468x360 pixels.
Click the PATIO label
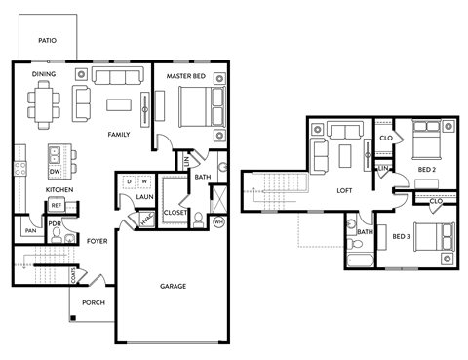46,41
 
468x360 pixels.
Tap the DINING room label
43,74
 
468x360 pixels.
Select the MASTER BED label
185,76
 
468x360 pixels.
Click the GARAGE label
174,286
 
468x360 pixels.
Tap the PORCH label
94,302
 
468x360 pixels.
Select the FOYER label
97,240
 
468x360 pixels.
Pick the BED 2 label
427,170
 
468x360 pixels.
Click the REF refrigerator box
56,206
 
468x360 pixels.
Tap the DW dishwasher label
56,171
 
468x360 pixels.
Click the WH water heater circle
218,222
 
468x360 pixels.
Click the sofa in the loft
343,131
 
